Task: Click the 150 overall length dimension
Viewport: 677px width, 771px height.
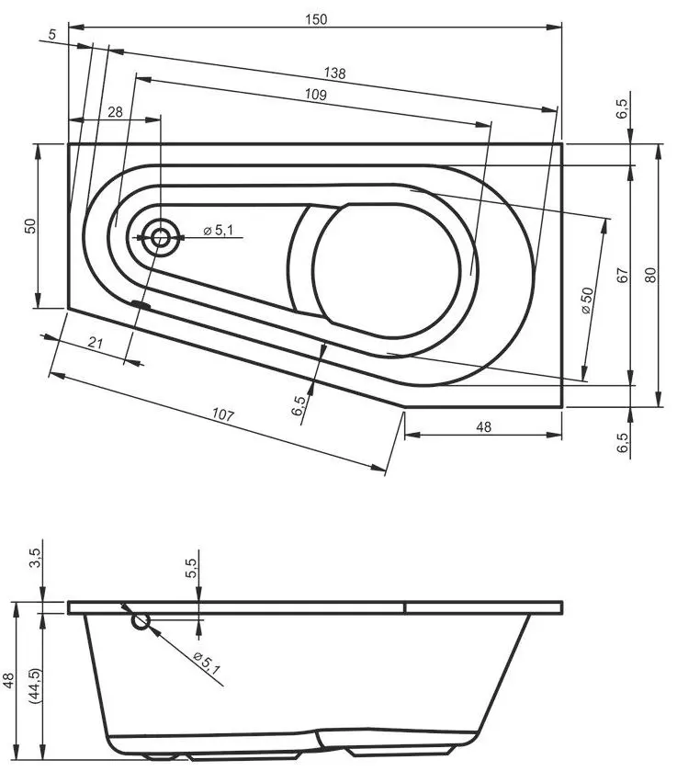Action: (x=316, y=19)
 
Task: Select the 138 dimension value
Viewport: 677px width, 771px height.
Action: (x=334, y=73)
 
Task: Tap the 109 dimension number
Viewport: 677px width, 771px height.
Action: (x=315, y=94)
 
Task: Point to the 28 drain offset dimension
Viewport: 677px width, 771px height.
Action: (x=115, y=112)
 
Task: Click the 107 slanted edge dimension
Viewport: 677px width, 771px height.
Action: (x=222, y=414)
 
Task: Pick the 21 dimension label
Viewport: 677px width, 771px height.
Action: (x=96, y=342)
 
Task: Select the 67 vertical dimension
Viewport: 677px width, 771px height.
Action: (x=623, y=275)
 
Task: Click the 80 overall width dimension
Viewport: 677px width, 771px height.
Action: (x=650, y=275)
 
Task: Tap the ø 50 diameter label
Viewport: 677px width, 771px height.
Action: (x=587, y=300)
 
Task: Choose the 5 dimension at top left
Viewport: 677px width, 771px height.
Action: (x=52, y=34)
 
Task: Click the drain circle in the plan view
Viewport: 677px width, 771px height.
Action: (x=159, y=238)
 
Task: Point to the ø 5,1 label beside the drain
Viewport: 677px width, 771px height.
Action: (x=218, y=230)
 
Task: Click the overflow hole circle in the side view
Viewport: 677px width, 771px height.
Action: (x=141, y=621)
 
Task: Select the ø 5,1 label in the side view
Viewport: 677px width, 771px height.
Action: (x=207, y=663)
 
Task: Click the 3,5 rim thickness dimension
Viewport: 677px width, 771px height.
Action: (x=37, y=558)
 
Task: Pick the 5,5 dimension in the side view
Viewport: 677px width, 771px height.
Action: (x=191, y=569)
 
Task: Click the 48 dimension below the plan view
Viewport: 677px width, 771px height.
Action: (x=484, y=426)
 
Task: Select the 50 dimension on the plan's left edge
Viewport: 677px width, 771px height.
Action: (x=30, y=226)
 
